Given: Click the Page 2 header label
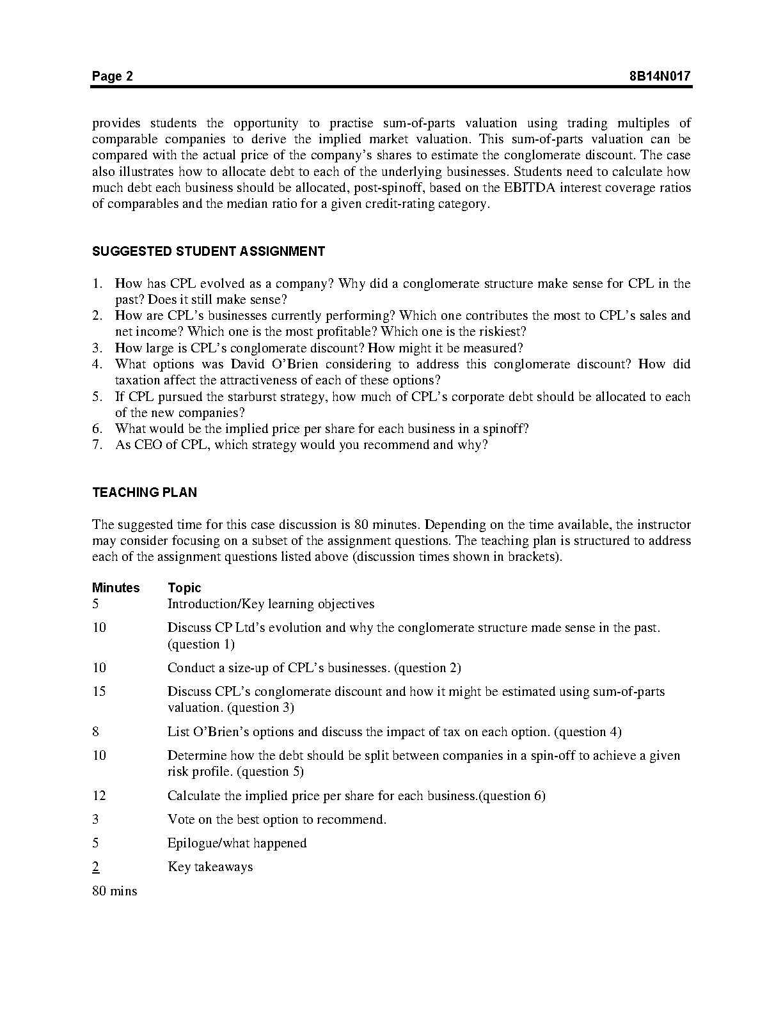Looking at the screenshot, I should (x=113, y=77).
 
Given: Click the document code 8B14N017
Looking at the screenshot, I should (x=660, y=77).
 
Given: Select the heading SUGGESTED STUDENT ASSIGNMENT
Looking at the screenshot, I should (x=209, y=251).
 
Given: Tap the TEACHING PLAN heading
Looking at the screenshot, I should (x=145, y=492).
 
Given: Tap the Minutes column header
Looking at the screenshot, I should (x=116, y=588).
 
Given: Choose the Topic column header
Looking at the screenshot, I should (x=184, y=588).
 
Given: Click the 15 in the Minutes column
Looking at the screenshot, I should (x=99, y=691).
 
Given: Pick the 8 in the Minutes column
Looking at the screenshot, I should (x=95, y=732).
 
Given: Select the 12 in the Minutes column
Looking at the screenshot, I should (x=99, y=796).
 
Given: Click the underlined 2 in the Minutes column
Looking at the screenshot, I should (x=95, y=867).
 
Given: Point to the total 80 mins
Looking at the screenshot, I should (x=115, y=891).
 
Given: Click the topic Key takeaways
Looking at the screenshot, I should (x=210, y=867).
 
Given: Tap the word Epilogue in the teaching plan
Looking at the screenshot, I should (x=193, y=844).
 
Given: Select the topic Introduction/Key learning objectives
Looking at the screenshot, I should (x=271, y=604).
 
